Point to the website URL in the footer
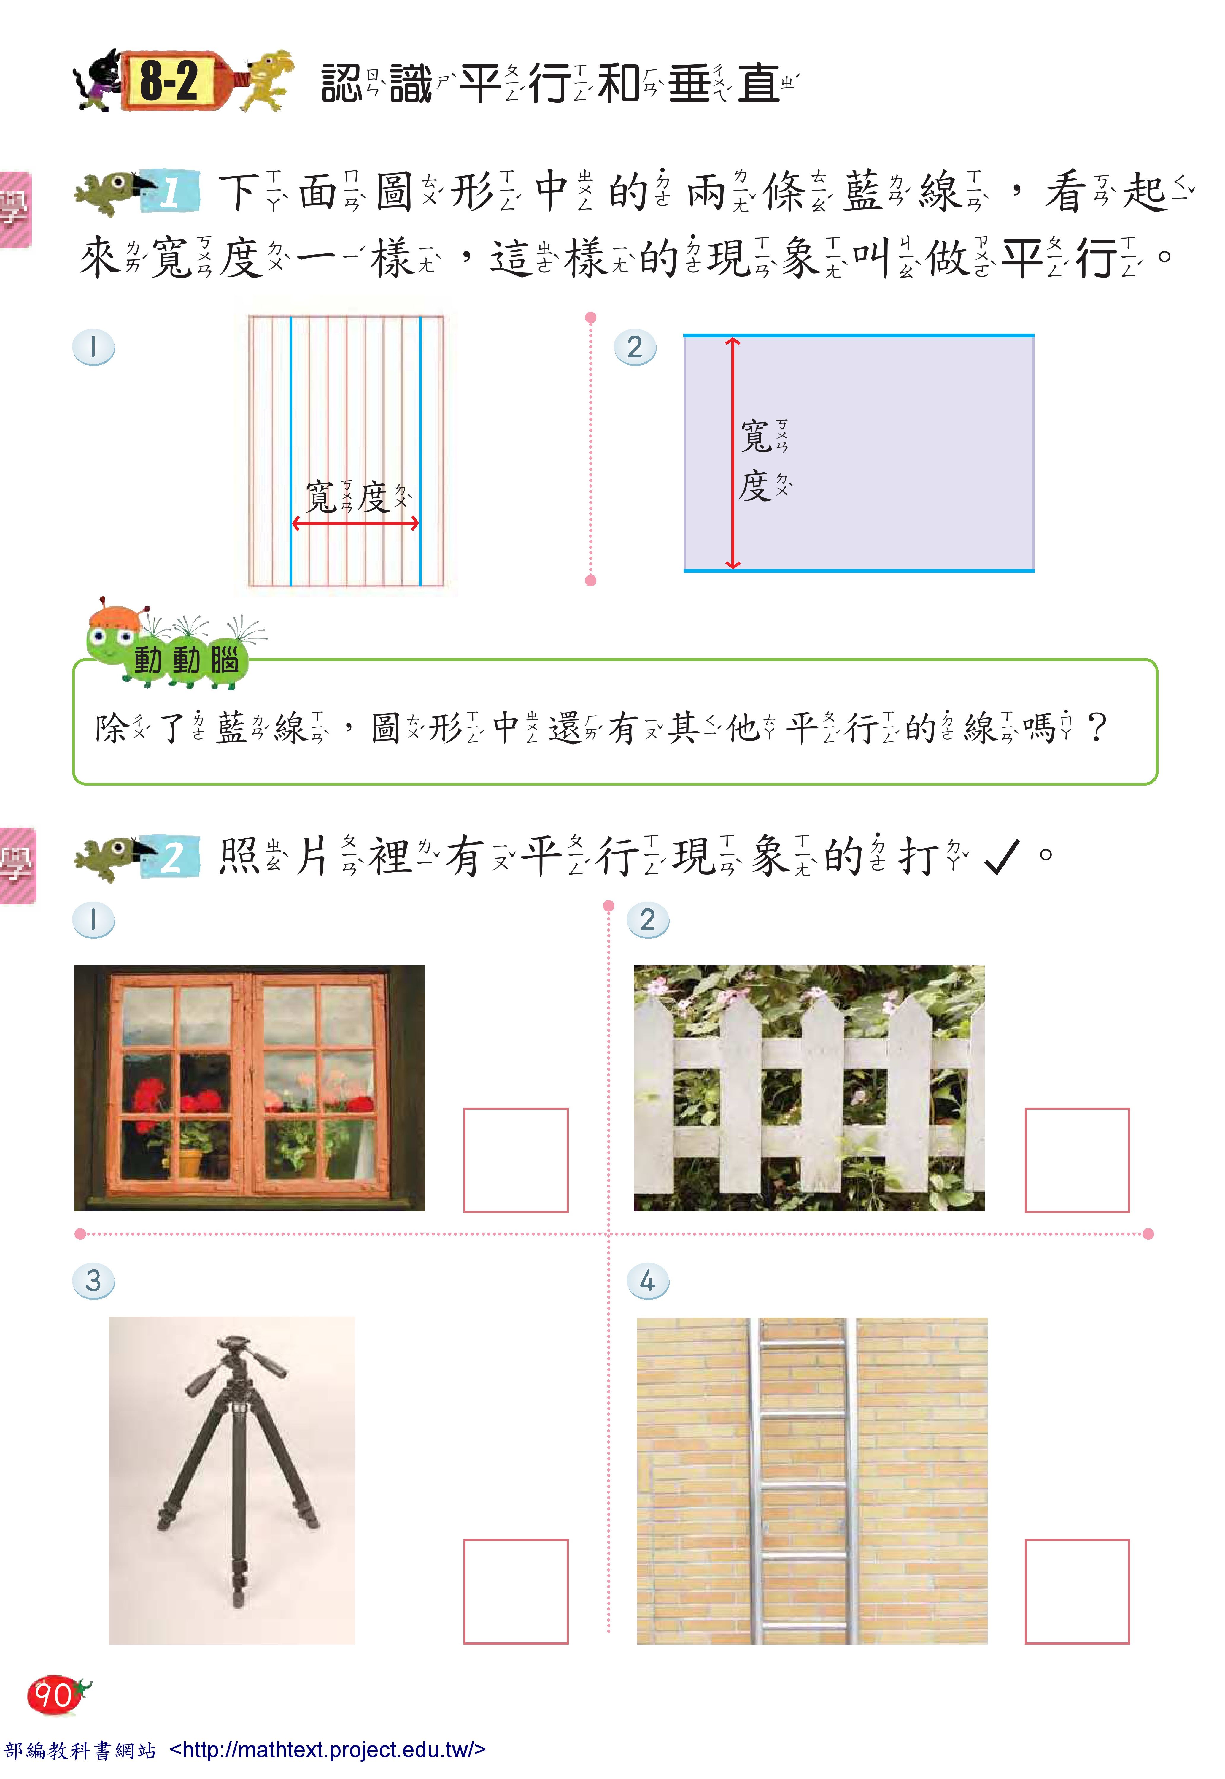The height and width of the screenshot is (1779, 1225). tap(328, 1750)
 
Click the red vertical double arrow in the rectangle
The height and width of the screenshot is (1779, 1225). tap(733, 453)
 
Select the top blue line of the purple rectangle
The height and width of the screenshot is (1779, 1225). tap(858, 336)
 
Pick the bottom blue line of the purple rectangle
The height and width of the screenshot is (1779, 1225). tap(858, 570)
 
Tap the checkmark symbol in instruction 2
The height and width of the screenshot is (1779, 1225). tap(1002, 857)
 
